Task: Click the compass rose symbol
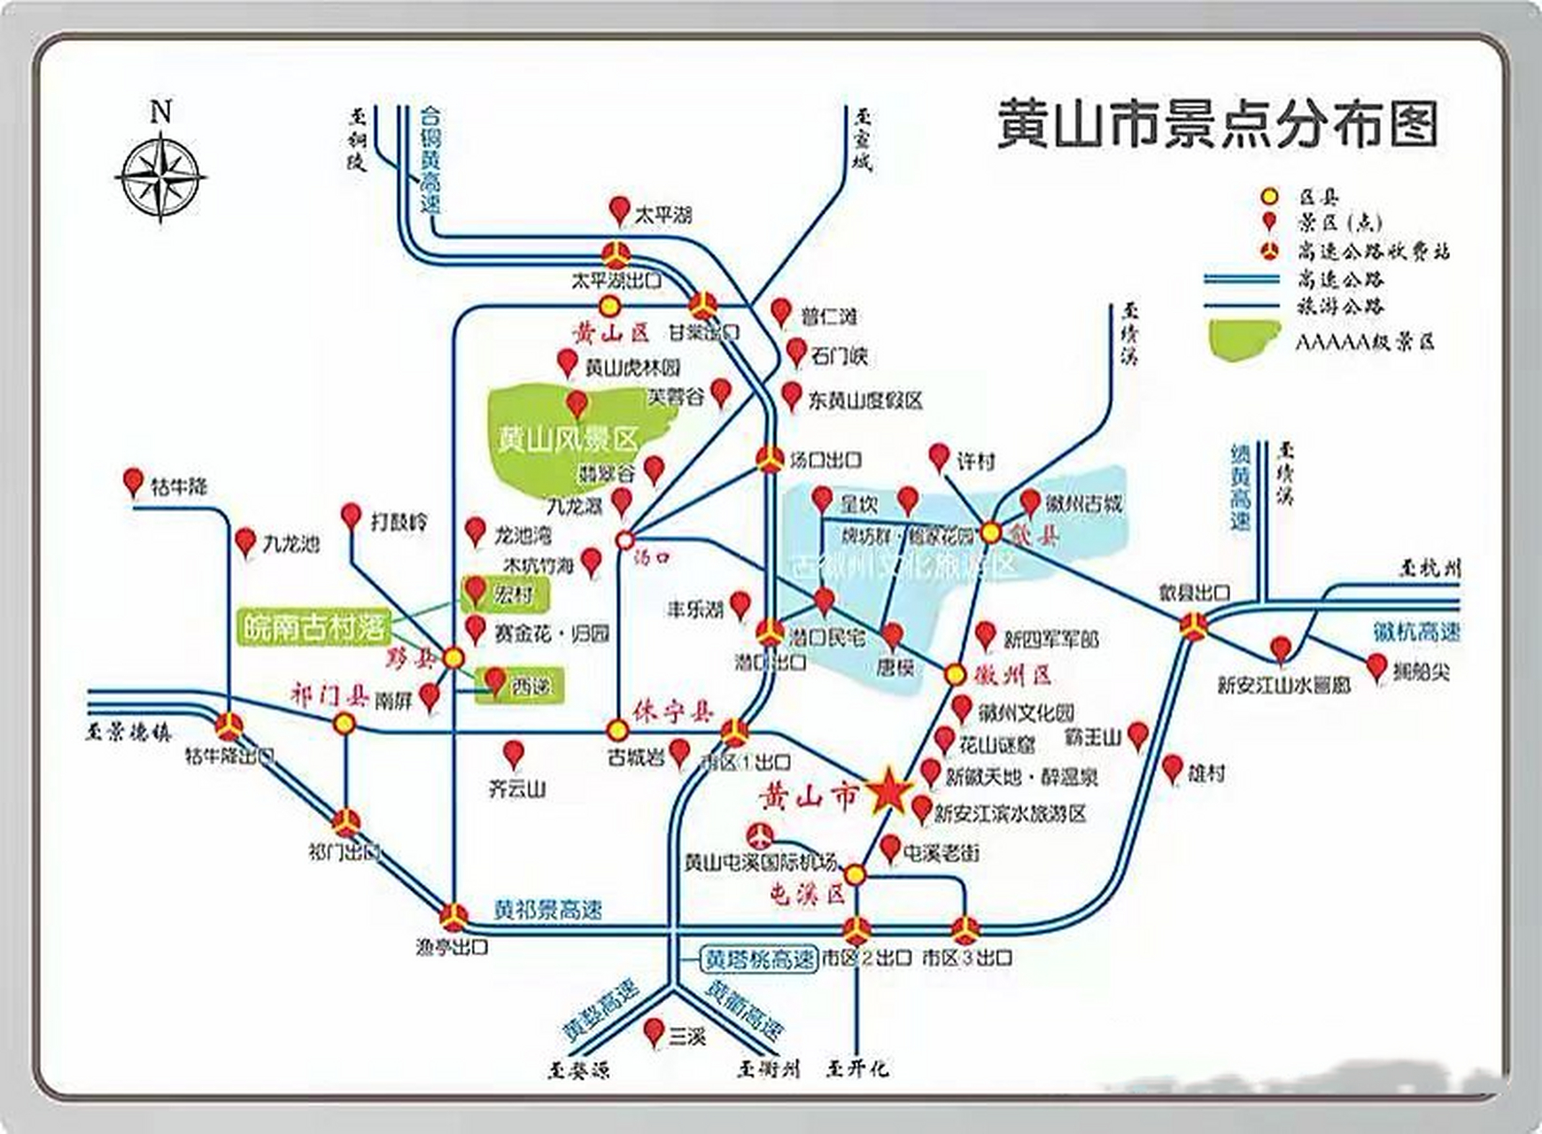[160, 175]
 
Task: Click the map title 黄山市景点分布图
[1217, 124]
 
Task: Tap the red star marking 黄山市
[888, 792]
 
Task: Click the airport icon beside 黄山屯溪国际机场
[759, 835]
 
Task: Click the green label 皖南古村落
[314, 628]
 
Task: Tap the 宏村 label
[513, 594]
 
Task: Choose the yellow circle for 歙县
[990, 532]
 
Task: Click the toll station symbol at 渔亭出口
[454, 916]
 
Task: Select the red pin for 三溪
[654, 1031]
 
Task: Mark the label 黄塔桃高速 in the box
[758, 959]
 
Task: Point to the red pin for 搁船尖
[1375, 666]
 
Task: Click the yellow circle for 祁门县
[344, 724]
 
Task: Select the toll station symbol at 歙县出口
[1193, 625]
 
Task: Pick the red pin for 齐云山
[513, 754]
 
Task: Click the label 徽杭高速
[1415, 632]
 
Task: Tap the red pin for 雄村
[1172, 768]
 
